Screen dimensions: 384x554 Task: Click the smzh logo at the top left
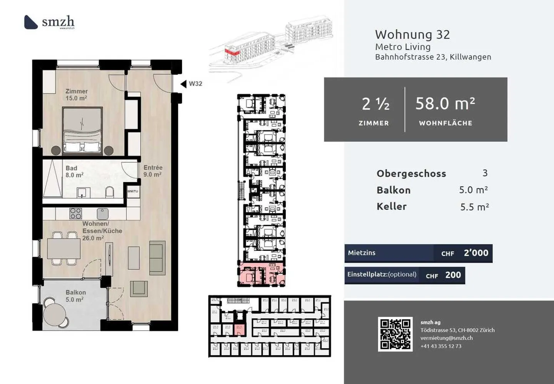(49, 22)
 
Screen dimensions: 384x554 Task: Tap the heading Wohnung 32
(412, 35)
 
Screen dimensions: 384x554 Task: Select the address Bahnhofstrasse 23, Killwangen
(433, 57)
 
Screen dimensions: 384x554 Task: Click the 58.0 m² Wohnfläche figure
(445, 104)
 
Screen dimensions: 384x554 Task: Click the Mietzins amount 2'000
(476, 253)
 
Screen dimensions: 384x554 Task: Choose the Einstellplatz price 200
(453, 275)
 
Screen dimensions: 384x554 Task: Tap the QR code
(395, 334)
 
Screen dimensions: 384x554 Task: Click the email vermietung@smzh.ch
(446, 338)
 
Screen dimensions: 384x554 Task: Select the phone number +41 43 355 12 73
(441, 346)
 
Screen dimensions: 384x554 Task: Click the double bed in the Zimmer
(82, 131)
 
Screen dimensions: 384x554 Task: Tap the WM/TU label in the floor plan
(132, 191)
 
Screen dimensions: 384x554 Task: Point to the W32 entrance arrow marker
(184, 84)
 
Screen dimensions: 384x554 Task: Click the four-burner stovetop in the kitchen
(75, 214)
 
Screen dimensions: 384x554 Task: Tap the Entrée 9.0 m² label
(153, 171)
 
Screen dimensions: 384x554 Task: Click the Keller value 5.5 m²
(474, 207)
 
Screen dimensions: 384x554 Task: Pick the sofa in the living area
(157, 257)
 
